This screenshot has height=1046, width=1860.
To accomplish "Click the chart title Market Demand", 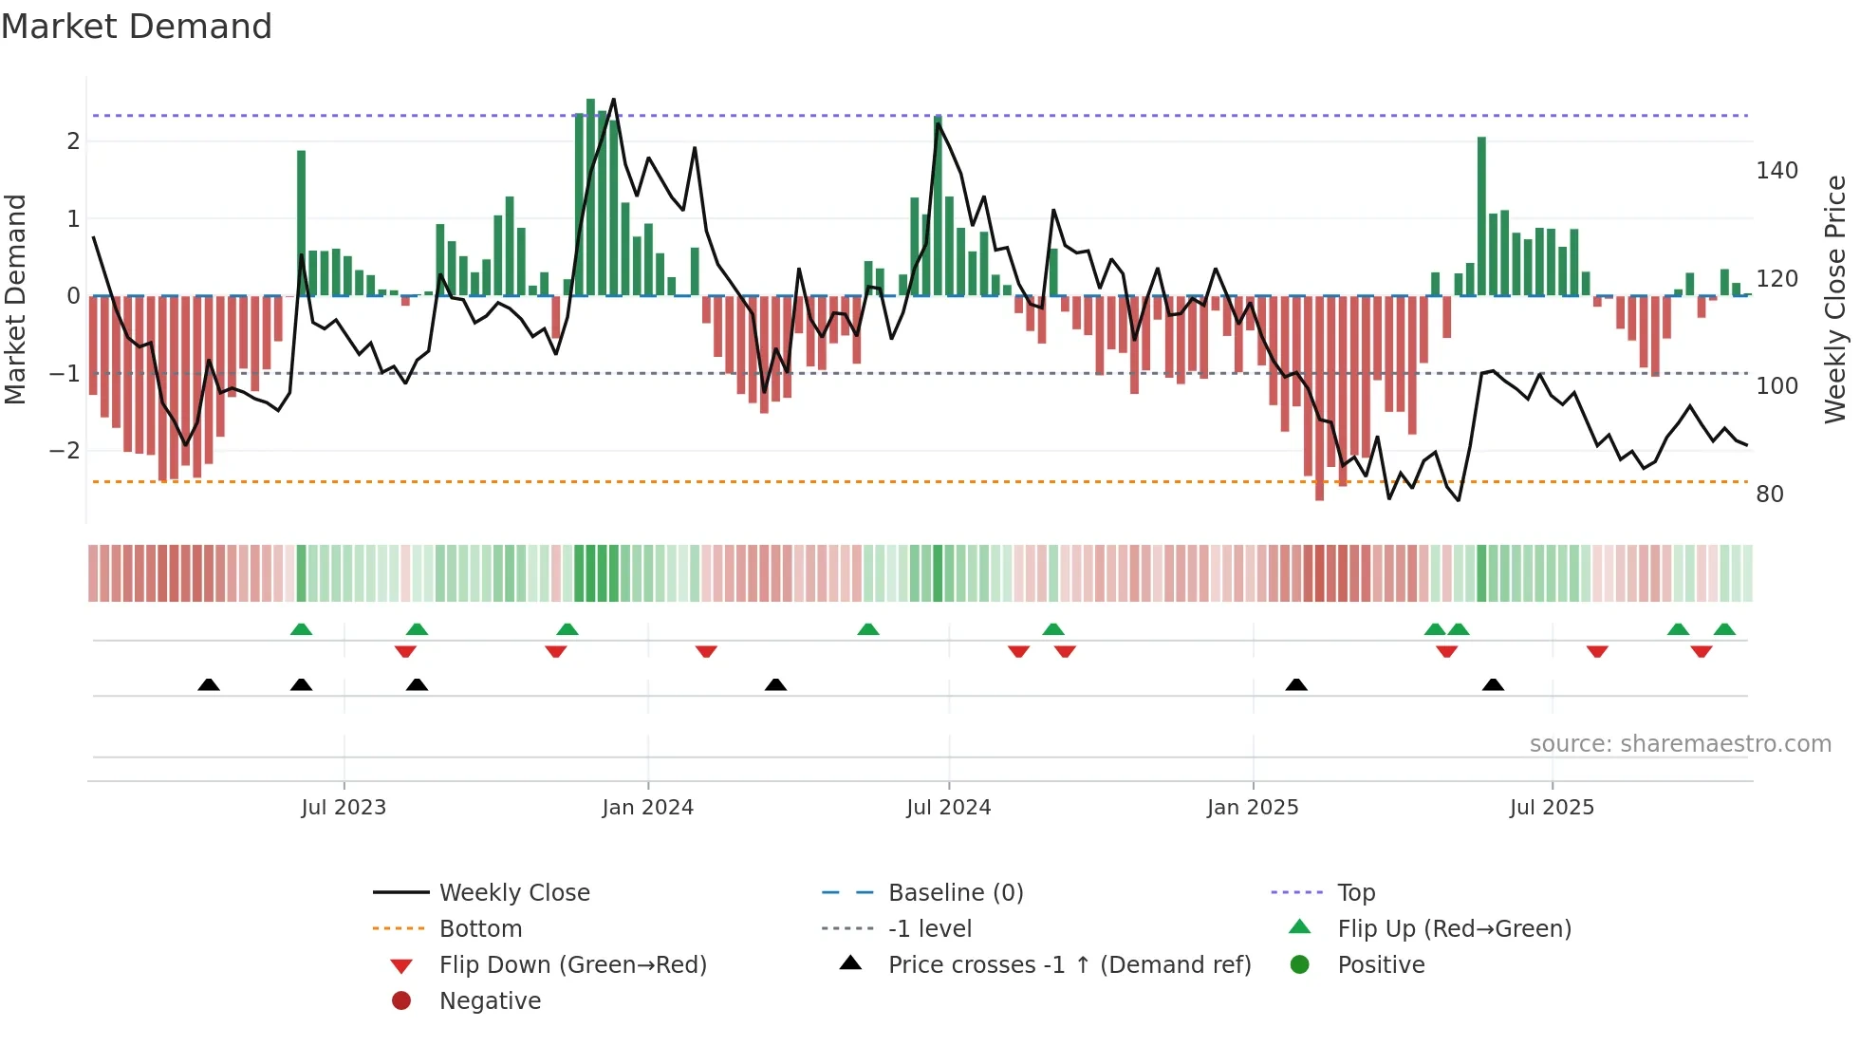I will pos(137,27).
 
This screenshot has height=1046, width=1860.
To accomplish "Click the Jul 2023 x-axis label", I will pos(344,808).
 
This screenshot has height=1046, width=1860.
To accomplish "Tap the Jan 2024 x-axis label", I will pos(648,808).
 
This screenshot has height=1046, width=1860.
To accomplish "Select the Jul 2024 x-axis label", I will pos(949,808).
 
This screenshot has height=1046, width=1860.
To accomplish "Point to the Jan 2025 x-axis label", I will pos(1253,808).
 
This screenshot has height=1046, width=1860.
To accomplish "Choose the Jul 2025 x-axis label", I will pos(1553,808).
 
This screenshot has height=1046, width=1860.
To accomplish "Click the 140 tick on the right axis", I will pos(1776,171).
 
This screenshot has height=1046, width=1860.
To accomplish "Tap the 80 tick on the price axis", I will pos(1770,495).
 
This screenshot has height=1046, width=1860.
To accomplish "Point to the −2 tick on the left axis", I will pos(65,451).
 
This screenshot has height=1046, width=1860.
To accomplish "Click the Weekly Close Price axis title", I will pos(1835,299).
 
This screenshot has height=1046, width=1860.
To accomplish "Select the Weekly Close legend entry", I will pos(513,893).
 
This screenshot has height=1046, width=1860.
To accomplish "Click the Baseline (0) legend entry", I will pos(955,893).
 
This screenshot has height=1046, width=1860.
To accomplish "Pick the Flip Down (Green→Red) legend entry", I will pos(572,965).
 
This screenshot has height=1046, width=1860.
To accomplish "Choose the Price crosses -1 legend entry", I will pos(1069,965).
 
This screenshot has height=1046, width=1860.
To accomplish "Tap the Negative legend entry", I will pos(490,1001).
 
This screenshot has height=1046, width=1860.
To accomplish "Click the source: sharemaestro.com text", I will pos(1680,744).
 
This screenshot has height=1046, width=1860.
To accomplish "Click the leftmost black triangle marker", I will pos(209,684).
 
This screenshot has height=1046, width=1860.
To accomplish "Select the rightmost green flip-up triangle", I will pos(1724,629).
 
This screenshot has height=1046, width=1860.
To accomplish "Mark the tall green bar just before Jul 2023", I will pos(301,223).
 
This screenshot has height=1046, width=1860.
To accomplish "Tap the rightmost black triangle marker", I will pos(1493,684).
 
